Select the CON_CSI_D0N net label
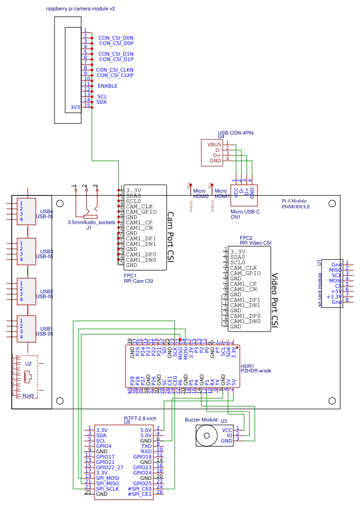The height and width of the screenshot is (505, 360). pos(116,38)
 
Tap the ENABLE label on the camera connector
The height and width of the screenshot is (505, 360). pos(107,86)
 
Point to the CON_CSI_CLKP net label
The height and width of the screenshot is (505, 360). pos(115,75)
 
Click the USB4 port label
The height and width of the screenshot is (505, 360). pos(46,212)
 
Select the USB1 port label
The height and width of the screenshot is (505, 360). pos(46,329)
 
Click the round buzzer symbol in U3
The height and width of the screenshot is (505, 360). pos(205,436)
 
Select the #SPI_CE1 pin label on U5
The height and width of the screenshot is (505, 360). pos(140,494)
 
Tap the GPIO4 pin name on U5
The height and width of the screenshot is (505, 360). pos(104,446)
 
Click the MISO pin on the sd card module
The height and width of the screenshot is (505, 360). pos(336,270)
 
